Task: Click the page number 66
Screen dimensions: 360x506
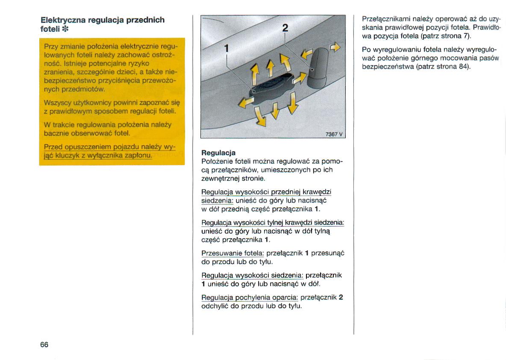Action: (44, 345)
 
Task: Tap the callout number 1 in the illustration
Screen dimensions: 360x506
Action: (227, 48)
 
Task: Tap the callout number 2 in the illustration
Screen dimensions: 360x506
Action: (285, 29)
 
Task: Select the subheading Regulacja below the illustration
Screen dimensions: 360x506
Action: (218, 153)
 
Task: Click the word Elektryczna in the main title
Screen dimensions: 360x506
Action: (63, 20)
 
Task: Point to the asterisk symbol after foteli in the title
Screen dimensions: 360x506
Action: (65, 29)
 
